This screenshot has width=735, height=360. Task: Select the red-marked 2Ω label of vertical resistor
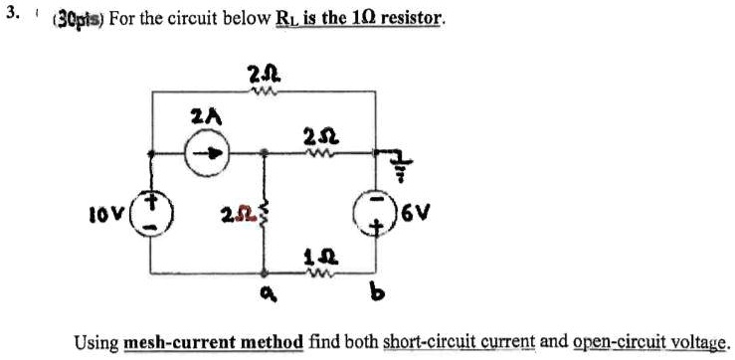(236, 213)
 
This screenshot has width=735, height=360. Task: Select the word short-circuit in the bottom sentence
(412, 342)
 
